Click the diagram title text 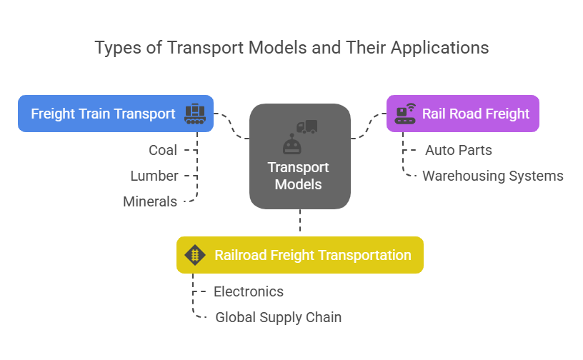click(x=291, y=48)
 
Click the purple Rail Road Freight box click(x=462, y=114)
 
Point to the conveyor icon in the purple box click(x=405, y=114)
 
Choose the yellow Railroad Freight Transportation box click(x=300, y=255)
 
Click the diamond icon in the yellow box click(x=195, y=255)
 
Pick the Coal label click(x=163, y=151)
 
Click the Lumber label click(x=154, y=176)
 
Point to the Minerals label click(x=150, y=201)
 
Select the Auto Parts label click(x=459, y=151)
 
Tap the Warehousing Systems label click(x=493, y=176)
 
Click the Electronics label click(x=249, y=291)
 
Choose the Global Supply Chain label click(x=279, y=317)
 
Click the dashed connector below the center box click(x=300, y=222)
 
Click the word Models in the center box click(x=299, y=184)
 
